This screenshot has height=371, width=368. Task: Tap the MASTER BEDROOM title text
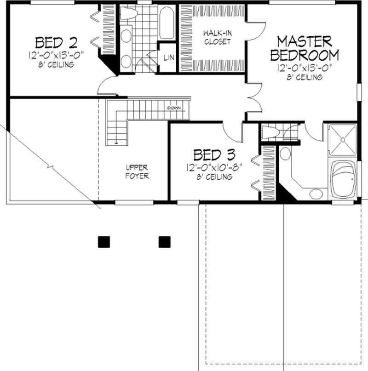(x=304, y=49)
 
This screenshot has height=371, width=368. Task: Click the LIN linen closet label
(x=168, y=57)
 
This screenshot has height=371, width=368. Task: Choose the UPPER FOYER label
(x=137, y=171)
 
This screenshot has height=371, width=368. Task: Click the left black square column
(x=104, y=242)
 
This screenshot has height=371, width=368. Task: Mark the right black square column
(x=164, y=242)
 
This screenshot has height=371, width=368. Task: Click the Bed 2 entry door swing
(x=107, y=86)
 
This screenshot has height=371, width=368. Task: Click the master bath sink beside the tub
(x=315, y=193)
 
